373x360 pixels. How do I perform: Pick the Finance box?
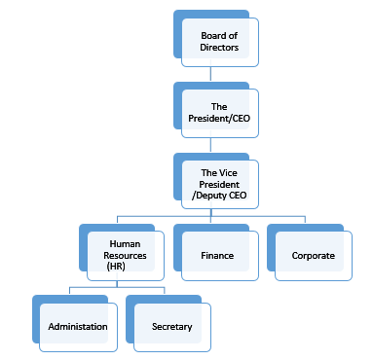218,257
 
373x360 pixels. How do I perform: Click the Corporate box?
313,257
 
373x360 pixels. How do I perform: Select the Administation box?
78,327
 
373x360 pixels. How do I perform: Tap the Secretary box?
171,327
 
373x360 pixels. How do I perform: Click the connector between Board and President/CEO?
211,74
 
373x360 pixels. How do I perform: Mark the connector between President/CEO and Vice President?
211,145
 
